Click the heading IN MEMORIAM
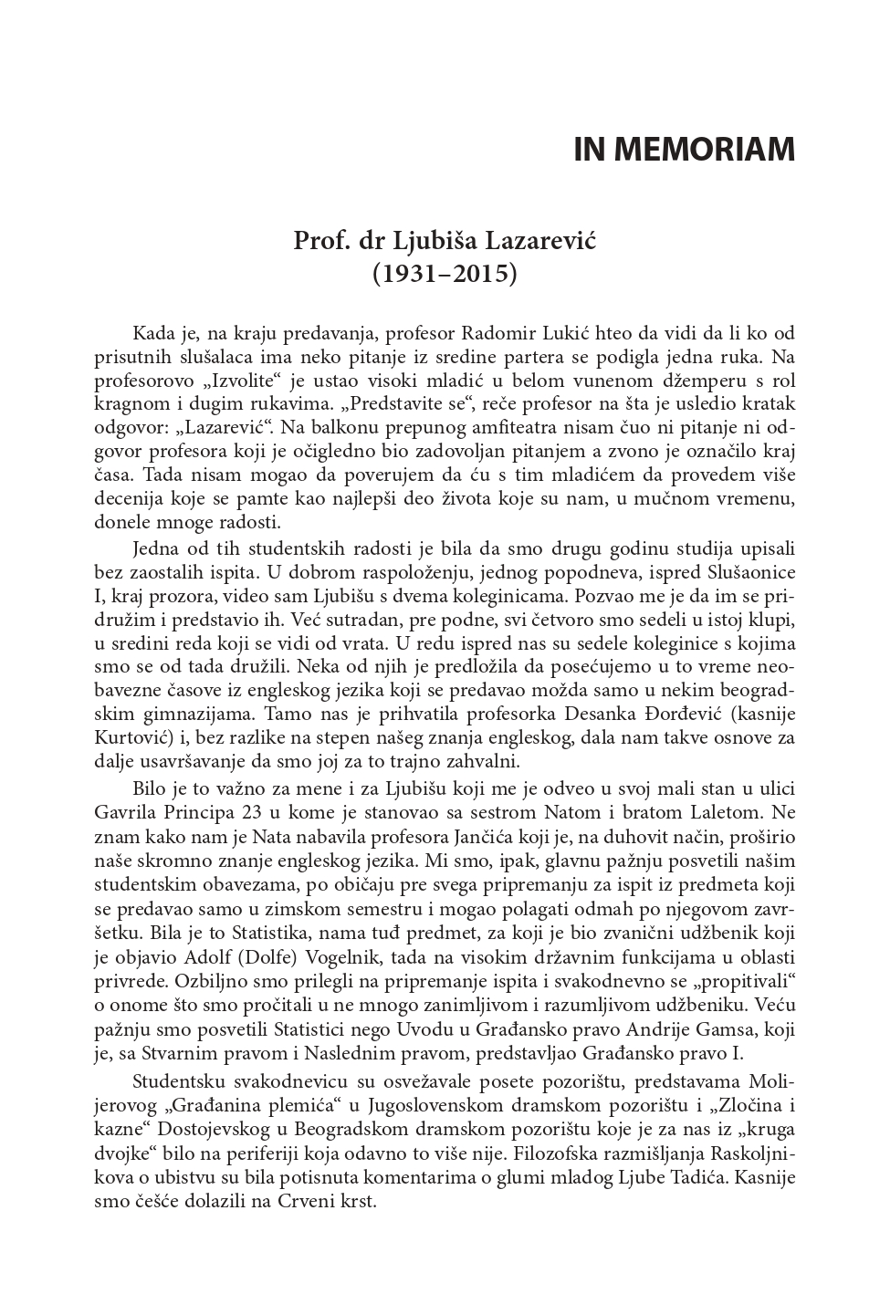(684, 150)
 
